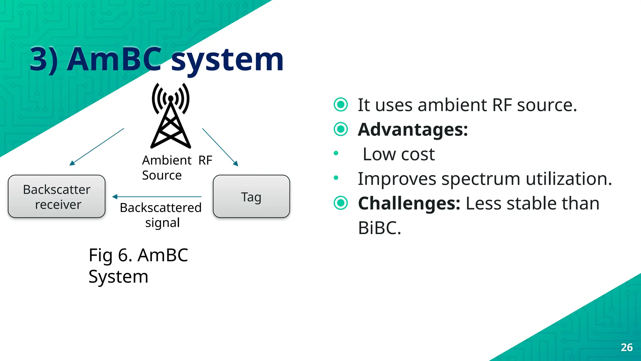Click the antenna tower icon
[x=171, y=116]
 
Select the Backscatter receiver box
[x=57, y=196]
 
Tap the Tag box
[x=251, y=196]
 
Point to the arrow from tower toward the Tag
[x=220, y=147]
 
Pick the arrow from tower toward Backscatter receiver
[x=97, y=147]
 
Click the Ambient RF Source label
[x=177, y=168]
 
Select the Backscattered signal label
[x=161, y=215]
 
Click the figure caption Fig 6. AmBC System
[x=138, y=265]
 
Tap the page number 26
[x=627, y=347]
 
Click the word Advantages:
[x=413, y=129]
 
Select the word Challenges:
[x=409, y=203]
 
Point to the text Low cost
[x=398, y=154]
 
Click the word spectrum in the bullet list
[x=482, y=179]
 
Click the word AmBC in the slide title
[x=115, y=59]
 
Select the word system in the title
[x=228, y=59]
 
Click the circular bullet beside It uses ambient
[x=341, y=105]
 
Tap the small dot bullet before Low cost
[x=336, y=153]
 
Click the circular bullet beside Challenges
[x=341, y=203]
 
